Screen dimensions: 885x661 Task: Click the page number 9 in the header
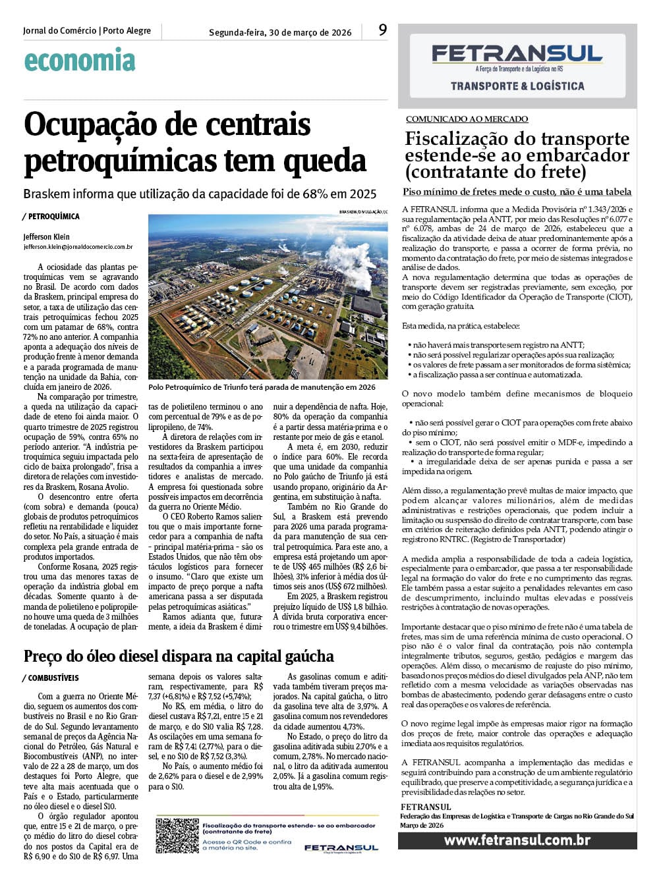click(383, 30)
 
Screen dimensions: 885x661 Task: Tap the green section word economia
click(80, 61)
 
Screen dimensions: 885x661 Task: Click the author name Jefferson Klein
click(46, 236)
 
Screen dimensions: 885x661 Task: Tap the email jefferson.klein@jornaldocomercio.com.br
click(78, 247)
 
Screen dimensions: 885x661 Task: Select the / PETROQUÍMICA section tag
click(51, 217)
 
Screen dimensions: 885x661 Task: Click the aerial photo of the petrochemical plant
click(268, 296)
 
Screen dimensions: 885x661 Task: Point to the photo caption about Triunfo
click(262, 387)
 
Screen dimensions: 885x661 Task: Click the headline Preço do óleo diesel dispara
click(179, 656)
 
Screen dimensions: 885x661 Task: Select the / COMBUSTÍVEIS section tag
click(50, 678)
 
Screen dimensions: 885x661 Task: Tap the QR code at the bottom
click(177, 835)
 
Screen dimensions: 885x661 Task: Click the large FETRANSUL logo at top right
click(517, 54)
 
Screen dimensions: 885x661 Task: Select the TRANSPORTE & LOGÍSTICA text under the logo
click(517, 86)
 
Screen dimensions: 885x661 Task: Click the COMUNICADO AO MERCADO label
click(467, 119)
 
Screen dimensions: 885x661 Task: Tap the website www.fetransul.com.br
click(517, 840)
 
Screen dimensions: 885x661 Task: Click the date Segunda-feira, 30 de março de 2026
click(280, 32)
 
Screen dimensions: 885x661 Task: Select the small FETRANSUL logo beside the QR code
click(341, 847)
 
